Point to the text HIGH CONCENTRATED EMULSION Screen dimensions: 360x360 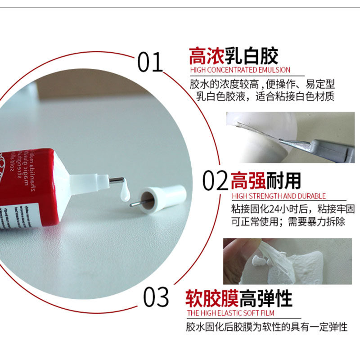coord(240,70)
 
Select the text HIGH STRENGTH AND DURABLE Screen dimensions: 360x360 coord(279,196)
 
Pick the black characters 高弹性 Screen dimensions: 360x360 coord(266,298)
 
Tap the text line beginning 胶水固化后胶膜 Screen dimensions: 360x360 coord(267,327)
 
